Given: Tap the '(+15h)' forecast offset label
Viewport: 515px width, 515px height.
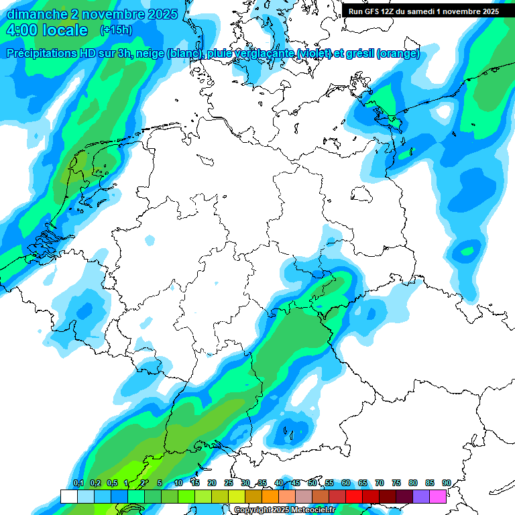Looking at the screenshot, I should pyautogui.click(x=115, y=30).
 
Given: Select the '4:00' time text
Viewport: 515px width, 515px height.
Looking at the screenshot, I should pyautogui.click(x=22, y=30).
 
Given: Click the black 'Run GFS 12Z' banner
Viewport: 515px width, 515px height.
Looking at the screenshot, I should pyautogui.click(x=424, y=11).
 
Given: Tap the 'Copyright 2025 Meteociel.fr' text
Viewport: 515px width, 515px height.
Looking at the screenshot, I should pyautogui.click(x=284, y=510).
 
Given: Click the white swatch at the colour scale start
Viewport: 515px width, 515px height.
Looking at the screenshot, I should pyautogui.click(x=68, y=496).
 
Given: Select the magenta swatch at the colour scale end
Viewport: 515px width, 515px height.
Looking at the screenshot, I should pyautogui.click(x=438, y=496).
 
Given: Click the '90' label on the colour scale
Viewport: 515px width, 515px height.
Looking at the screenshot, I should pyautogui.click(x=446, y=483).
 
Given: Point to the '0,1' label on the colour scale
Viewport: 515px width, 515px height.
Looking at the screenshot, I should pyautogui.click(x=78, y=483).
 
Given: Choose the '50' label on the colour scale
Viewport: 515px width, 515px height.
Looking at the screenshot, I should pyautogui.click(x=312, y=483).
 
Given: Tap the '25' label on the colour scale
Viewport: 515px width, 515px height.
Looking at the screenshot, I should pyautogui.click(x=229, y=483).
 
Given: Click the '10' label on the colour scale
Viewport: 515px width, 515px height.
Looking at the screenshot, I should pyautogui.click(x=178, y=483).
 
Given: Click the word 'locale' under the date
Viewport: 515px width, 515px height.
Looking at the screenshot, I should pyautogui.click(x=65, y=30).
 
